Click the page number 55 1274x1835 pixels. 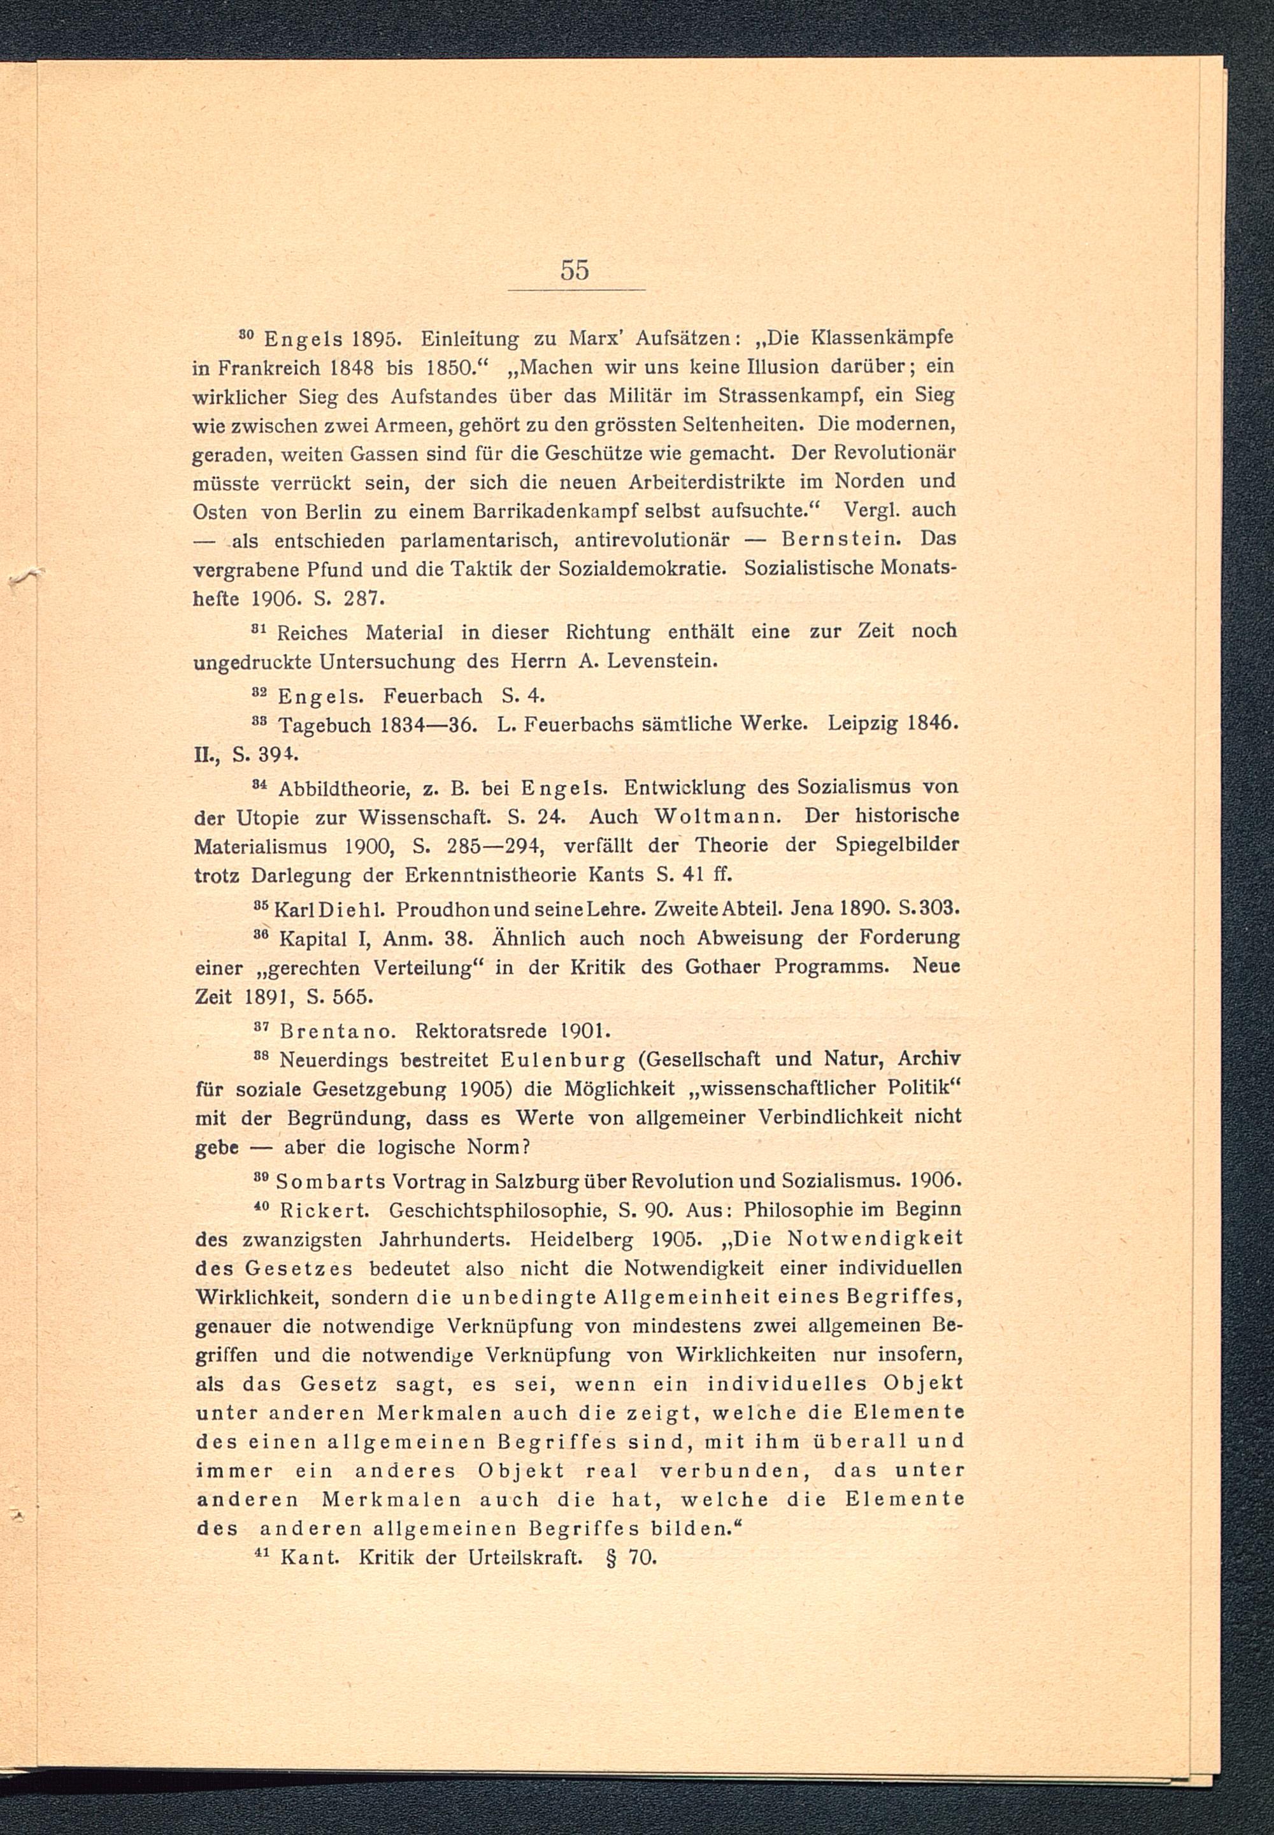574,271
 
